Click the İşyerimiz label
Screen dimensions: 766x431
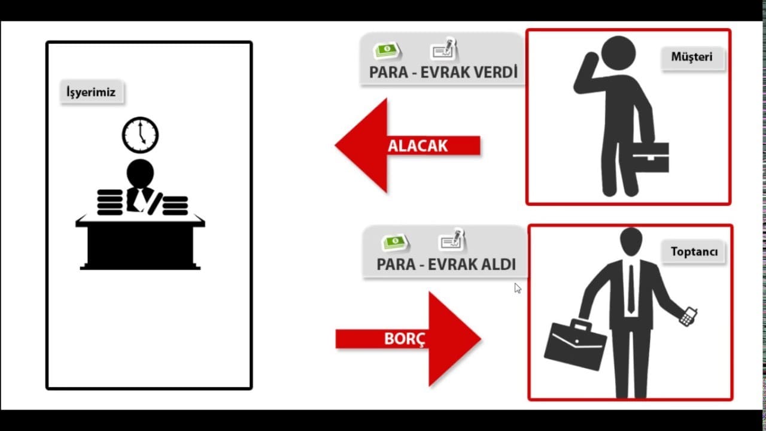tap(92, 92)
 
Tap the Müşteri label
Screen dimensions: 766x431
tap(692, 57)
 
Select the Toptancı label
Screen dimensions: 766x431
tap(694, 252)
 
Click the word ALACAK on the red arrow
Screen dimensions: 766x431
tap(418, 146)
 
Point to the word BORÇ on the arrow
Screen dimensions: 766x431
tap(405, 339)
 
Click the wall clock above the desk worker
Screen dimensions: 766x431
tap(140, 135)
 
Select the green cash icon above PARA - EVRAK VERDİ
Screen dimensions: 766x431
tap(387, 50)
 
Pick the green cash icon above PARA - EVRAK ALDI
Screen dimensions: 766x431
tap(396, 242)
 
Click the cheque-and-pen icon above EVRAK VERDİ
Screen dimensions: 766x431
tap(444, 48)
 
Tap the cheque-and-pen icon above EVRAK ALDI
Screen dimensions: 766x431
tap(452, 239)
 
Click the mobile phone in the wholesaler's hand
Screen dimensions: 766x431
tap(688, 317)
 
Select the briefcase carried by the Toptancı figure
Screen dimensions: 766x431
tap(575, 345)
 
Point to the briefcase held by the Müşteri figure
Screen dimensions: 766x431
tap(651, 157)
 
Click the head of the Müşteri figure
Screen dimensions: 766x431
tap(618, 53)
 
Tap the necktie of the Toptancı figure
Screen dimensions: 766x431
tap(631, 289)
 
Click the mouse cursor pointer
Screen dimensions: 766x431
tap(518, 288)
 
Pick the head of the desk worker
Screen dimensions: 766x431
tap(140, 174)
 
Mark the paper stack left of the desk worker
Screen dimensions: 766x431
tap(110, 202)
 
